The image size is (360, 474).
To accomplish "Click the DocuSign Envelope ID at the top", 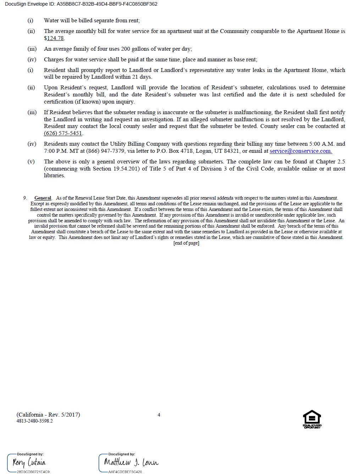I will pyautogui.click(x=81, y=4).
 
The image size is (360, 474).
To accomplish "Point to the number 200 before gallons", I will pyautogui.click(x=126, y=49).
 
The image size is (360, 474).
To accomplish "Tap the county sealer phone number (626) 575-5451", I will pyautogui.click(x=63, y=133).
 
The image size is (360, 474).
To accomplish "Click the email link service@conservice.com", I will pyautogui.click(x=300, y=151).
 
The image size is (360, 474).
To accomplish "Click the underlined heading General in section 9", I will pyautogui.click(x=43, y=198).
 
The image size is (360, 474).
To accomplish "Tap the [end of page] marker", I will pyautogui.click(x=186, y=243).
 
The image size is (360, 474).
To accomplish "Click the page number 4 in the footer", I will pyautogui.click(x=159, y=415).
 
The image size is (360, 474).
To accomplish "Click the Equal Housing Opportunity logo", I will pyautogui.click(x=312, y=419).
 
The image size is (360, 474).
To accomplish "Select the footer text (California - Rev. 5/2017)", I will pyautogui.click(x=48, y=415).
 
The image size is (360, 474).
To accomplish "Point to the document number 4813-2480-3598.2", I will pyautogui.click(x=34, y=421).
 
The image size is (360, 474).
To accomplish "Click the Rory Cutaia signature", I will pyautogui.click(x=29, y=462).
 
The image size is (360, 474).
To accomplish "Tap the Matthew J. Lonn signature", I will pyautogui.click(x=131, y=462).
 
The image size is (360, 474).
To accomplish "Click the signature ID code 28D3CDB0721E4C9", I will pyautogui.click(x=34, y=472).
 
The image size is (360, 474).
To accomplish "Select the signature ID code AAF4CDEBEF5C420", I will pyautogui.click(x=126, y=472).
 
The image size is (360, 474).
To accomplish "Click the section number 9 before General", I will pyautogui.click(x=25, y=198).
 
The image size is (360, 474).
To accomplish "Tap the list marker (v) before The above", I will pyautogui.click(x=31, y=162).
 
